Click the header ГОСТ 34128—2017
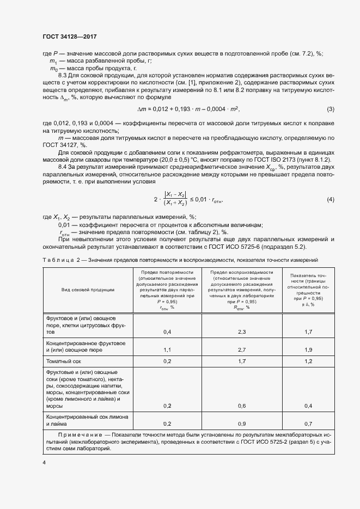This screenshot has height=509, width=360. click(69, 36)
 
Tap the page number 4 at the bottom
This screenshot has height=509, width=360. click(44, 463)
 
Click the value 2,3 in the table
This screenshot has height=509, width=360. click(242, 332)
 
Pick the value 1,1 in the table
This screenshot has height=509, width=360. click(167, 349)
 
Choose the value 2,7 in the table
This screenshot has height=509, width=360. click(242, 349)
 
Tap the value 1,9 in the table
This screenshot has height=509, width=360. click(308, 349)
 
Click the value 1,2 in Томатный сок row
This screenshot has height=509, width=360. click(308, 361)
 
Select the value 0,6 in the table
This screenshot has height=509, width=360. click(242, 406)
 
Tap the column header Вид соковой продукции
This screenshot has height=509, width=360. click(88, 290)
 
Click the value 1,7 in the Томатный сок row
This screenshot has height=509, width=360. click(242, 361)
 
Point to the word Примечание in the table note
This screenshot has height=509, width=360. click(80, 435)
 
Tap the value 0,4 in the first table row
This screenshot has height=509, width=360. click(167, 332)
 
